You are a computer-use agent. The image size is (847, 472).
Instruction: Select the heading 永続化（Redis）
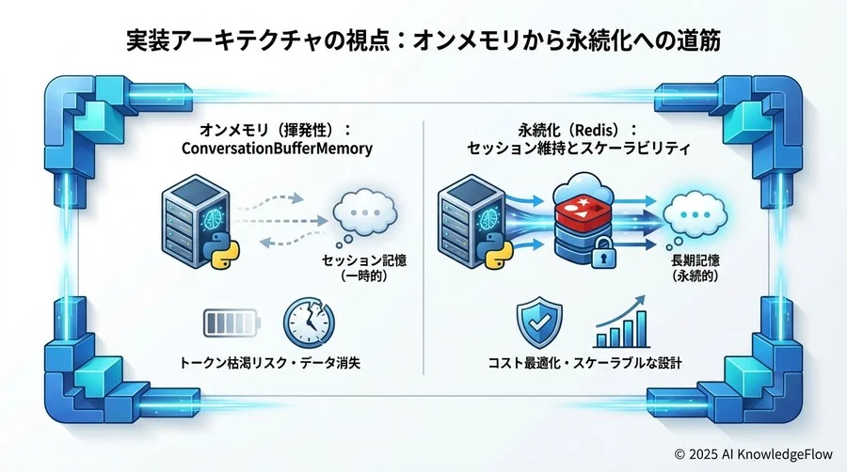coord(578,130)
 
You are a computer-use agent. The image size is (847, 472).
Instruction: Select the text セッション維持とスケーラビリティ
coord(578,149)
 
